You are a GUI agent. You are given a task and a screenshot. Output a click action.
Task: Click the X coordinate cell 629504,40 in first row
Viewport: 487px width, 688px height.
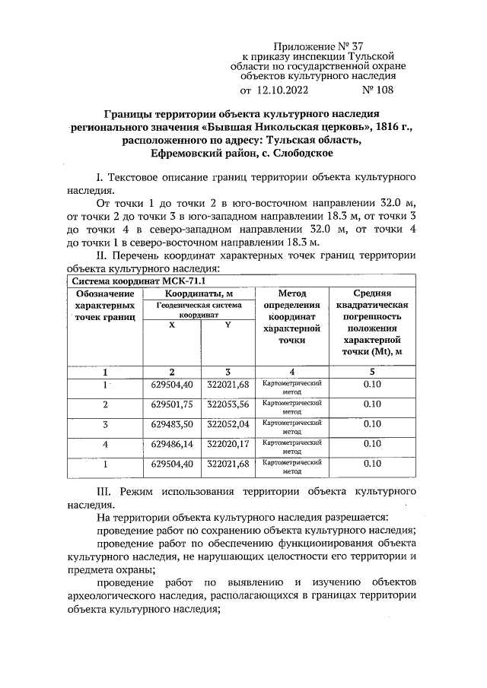click(172, 385)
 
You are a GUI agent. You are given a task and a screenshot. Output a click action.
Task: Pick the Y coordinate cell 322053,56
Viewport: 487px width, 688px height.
click(228, 404)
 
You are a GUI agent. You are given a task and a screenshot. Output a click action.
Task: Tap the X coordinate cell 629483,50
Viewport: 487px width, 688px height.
click(172, 423)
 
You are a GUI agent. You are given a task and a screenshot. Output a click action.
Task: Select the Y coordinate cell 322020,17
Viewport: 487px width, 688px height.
click(228, 443)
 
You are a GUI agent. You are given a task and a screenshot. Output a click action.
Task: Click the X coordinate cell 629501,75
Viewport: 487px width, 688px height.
click(172, 404)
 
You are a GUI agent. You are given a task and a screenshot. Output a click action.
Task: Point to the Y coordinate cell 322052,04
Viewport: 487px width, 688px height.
click(228, 423)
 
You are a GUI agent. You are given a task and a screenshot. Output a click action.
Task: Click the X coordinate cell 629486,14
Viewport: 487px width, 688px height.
click(172, 443)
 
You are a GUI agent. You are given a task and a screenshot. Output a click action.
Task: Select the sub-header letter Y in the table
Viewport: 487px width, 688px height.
click(228, 325)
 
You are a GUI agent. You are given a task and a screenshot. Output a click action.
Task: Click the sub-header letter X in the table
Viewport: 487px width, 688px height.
click(172, 325)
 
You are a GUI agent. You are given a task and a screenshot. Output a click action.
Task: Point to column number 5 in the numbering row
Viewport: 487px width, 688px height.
click(372, 372)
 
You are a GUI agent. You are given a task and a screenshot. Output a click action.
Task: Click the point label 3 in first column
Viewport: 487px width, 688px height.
click(106, 423)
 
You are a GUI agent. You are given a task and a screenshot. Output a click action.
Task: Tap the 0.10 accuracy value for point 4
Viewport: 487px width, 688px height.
click(372, 443)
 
